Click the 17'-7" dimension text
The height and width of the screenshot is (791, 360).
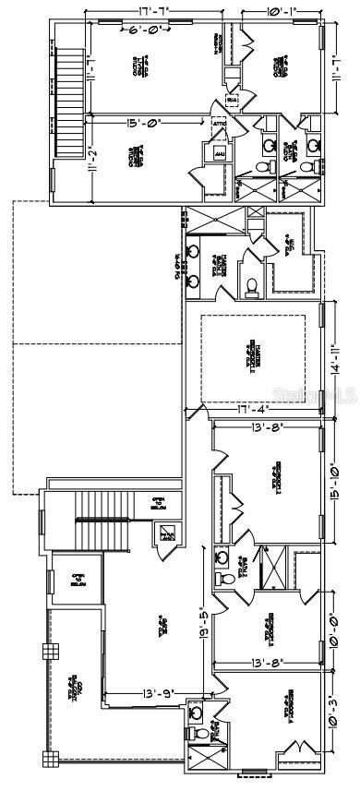[158, 11]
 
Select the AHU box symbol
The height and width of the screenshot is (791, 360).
[220, 152]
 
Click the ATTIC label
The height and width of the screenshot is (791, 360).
[220, 124]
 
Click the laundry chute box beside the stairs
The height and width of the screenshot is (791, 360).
[167, 534]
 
